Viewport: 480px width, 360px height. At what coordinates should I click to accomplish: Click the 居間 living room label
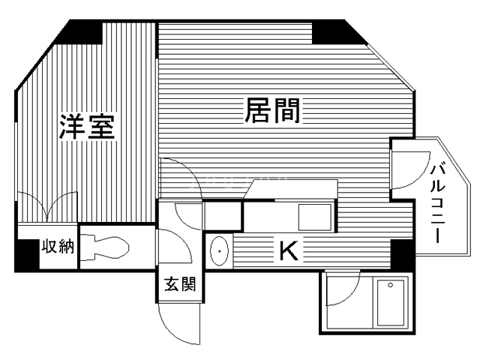(272, 110)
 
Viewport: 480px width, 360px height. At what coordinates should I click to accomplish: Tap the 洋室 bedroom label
(87, 127)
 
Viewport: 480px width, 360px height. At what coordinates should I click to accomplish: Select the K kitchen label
(289, 250)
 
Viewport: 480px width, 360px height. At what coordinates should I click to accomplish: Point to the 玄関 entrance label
(180, 284)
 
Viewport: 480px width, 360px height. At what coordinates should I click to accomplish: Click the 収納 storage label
(58, 246)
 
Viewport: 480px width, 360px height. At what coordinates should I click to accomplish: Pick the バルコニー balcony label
(437, 204)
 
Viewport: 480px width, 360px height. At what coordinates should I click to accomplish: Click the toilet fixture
(105, 247)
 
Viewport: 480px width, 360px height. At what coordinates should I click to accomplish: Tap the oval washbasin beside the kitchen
(219, 251)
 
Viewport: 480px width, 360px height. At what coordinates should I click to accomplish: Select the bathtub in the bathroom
(390, 302)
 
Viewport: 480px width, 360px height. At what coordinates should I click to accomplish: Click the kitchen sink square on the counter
(315, 217)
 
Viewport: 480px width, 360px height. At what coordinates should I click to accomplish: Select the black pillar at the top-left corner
(80, 32)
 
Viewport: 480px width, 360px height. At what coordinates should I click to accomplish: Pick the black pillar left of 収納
(27, 255)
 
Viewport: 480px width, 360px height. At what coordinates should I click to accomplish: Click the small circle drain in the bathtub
(390, 285)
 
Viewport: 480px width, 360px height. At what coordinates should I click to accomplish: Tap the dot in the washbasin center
(220, 251)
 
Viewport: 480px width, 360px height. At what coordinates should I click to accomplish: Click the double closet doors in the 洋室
(47, 205)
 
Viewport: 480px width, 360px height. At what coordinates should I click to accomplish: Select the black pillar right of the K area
(402, 254)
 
